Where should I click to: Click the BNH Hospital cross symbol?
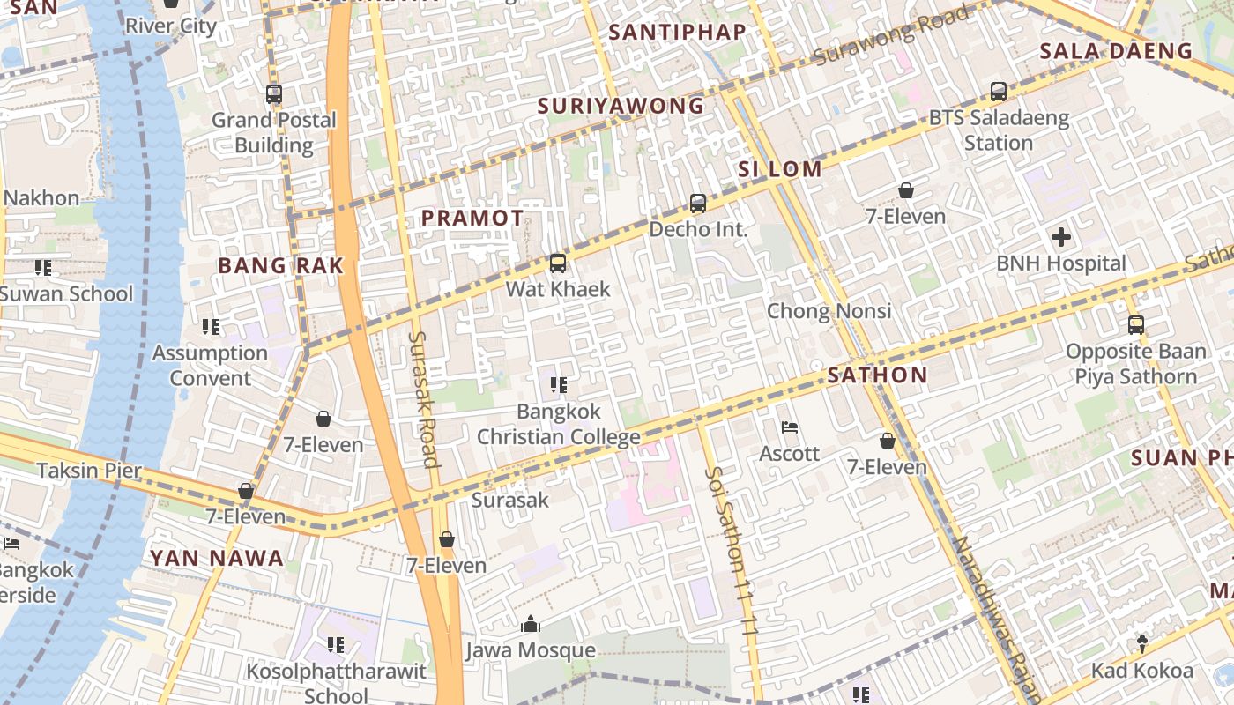pyautogui.click(x=1061, y=236)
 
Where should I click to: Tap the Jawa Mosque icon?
pyautogui.click(x=531, y=625)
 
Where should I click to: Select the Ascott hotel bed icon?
pyautogui.click(x=790, y=427)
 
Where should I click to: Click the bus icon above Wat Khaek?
pyautogui.click(x=557, y=263)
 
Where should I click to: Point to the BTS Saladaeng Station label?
pyautogui.click(x=999, y=130)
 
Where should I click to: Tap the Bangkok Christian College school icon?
pyautogui.click(x=558, y=384)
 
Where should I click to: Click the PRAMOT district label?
pyautogui.click(x=472, y=218)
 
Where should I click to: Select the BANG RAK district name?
pyautogui.click(x=280, y=265)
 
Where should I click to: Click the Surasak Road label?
pyautogui.click(x=423, y=398)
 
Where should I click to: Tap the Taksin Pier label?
pyautogui.click(x=89, y=470)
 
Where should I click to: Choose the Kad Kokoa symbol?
pyautogui.click(x=1142, y=643)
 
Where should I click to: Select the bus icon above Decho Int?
pyautogui.click(x=698, y=204)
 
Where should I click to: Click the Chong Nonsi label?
pyautogui.click(x=829, y=311)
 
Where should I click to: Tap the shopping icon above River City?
pyautogui.click(x=171, y=3)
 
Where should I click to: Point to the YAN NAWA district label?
pyautogui.click(x=217, y=558)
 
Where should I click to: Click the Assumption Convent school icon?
pyautogui.click(x=211, y=327)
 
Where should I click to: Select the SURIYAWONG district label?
pyautogui.click(x=621, y=107)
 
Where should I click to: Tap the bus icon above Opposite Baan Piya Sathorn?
pyautogui.click(x=1135, y=324)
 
